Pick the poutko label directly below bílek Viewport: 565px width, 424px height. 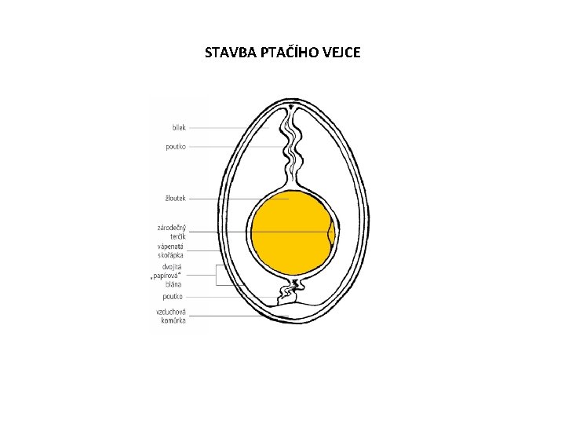coord(176,146)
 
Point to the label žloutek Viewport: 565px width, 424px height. coord(174,199)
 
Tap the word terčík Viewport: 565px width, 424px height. coord(177,236)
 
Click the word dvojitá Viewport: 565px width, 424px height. coord(173,266)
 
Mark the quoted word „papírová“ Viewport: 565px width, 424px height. coord(167,276)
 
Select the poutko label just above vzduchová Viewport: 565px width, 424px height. coord(173,297)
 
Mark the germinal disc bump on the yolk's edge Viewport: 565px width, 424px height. coord(331,234)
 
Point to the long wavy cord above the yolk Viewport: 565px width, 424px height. coord(291,149)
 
